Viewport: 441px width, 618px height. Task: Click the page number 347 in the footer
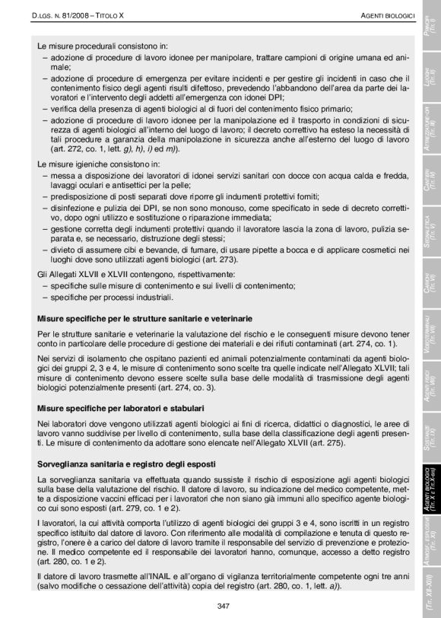pyautogui.click(x=223, y=606)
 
